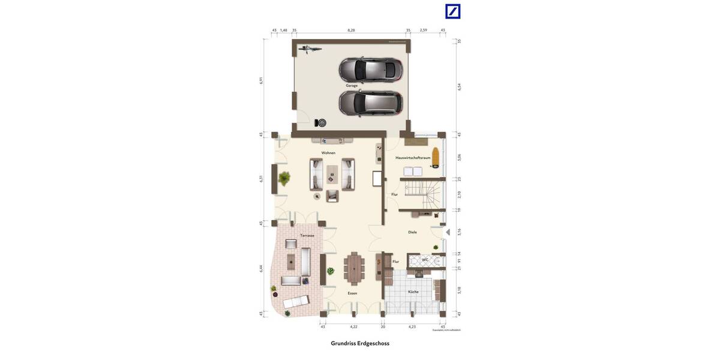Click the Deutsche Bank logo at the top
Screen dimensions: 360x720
pos(452,11)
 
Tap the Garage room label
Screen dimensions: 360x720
pos(352,86)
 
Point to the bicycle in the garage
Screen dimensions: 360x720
pos(310,48)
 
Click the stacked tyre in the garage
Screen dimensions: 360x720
pos(322,123)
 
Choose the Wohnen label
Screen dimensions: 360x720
pos(328,153)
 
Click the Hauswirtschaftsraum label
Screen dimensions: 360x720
pos(413,158)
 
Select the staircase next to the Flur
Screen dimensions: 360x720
pos(423,193)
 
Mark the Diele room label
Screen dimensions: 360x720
pos(412,232)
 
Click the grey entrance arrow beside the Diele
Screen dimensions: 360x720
pos(448,232)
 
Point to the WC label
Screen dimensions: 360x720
pos(425,260)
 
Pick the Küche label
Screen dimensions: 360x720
pos(413,292)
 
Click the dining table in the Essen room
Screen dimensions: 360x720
pos(354,269)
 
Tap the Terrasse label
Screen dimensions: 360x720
pos(307,236)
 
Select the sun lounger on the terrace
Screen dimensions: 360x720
pos(296,302)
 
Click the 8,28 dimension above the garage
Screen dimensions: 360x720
pos(351,29)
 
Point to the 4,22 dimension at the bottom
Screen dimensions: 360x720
pos(353,326)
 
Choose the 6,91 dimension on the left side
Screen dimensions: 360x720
pos(262,80)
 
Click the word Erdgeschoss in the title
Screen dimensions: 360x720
pos(373,344)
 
